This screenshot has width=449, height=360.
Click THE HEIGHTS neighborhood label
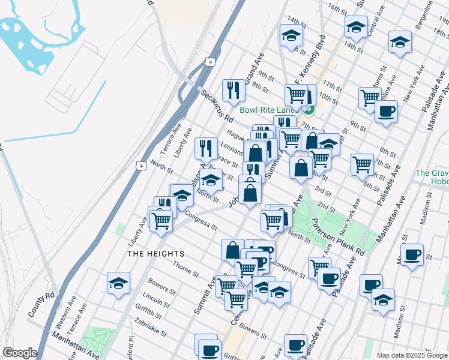pos(156,254)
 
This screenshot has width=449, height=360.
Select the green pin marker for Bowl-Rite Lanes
pos(309,109)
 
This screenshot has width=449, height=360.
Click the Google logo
pos(19,353)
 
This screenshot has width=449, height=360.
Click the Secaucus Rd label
pos(216,104)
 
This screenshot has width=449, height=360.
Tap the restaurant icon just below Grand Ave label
pos(232,90)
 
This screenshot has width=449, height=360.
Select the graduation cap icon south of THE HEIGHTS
pos(119,283)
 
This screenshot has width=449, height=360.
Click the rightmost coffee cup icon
pos(412,254)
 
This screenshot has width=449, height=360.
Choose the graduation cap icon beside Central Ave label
pos(356,26)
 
